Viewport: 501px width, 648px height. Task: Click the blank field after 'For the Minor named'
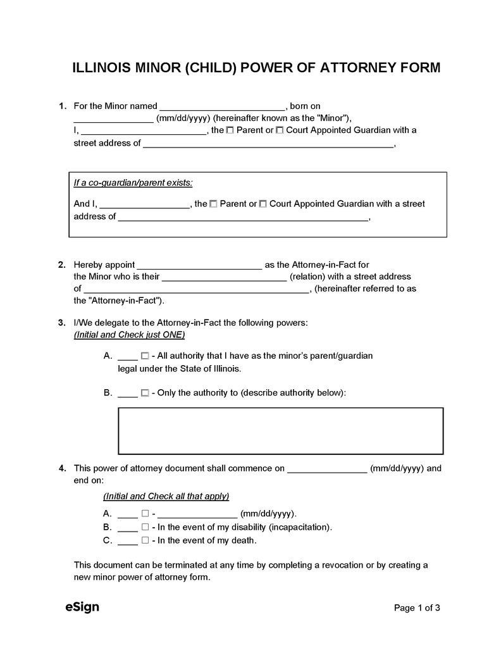tap(223, 106)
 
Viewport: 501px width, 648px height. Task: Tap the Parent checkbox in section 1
tap(230, 130)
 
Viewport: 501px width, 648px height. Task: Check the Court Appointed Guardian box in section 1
tap(280, 130)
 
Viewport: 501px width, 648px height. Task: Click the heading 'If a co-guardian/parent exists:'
tap(133, 183)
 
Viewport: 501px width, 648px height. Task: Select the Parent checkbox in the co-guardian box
tap(213, 204)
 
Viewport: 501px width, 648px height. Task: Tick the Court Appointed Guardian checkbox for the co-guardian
tap(263, 204)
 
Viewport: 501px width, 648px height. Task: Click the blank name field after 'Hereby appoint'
tap(199, 265)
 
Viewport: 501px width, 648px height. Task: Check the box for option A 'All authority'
tap(145, 356)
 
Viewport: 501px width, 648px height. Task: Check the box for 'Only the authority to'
tap(145, 393)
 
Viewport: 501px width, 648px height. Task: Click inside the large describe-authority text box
tap(280, 431)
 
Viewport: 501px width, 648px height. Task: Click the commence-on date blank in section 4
tap(327, 469)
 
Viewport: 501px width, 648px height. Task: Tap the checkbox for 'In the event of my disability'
tap(145, 527)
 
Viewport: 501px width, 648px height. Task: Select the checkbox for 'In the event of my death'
tap(145, 540)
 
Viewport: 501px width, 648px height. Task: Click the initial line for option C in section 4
tap(128, 542)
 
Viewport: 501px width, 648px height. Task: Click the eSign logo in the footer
tap(82, 607)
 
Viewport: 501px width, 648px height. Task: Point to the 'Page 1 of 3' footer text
tap(416, 608)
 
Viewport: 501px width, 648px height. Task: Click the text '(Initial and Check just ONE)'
tap(130, 334)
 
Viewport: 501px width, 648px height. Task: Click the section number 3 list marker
tap(61, 323)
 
